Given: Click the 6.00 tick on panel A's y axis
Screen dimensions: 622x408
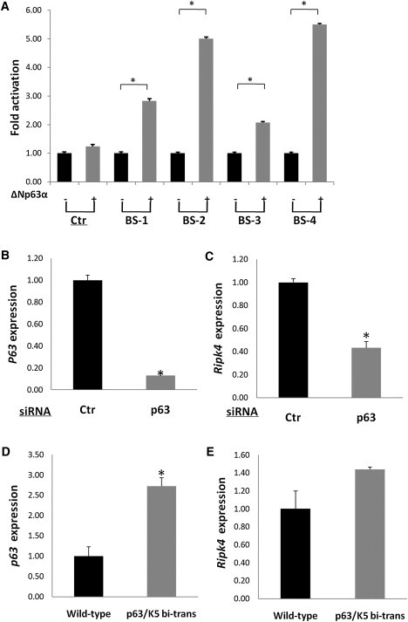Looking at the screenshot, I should tap(37, 11).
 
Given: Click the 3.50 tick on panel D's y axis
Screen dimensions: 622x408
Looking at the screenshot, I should tap(37, 455).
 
